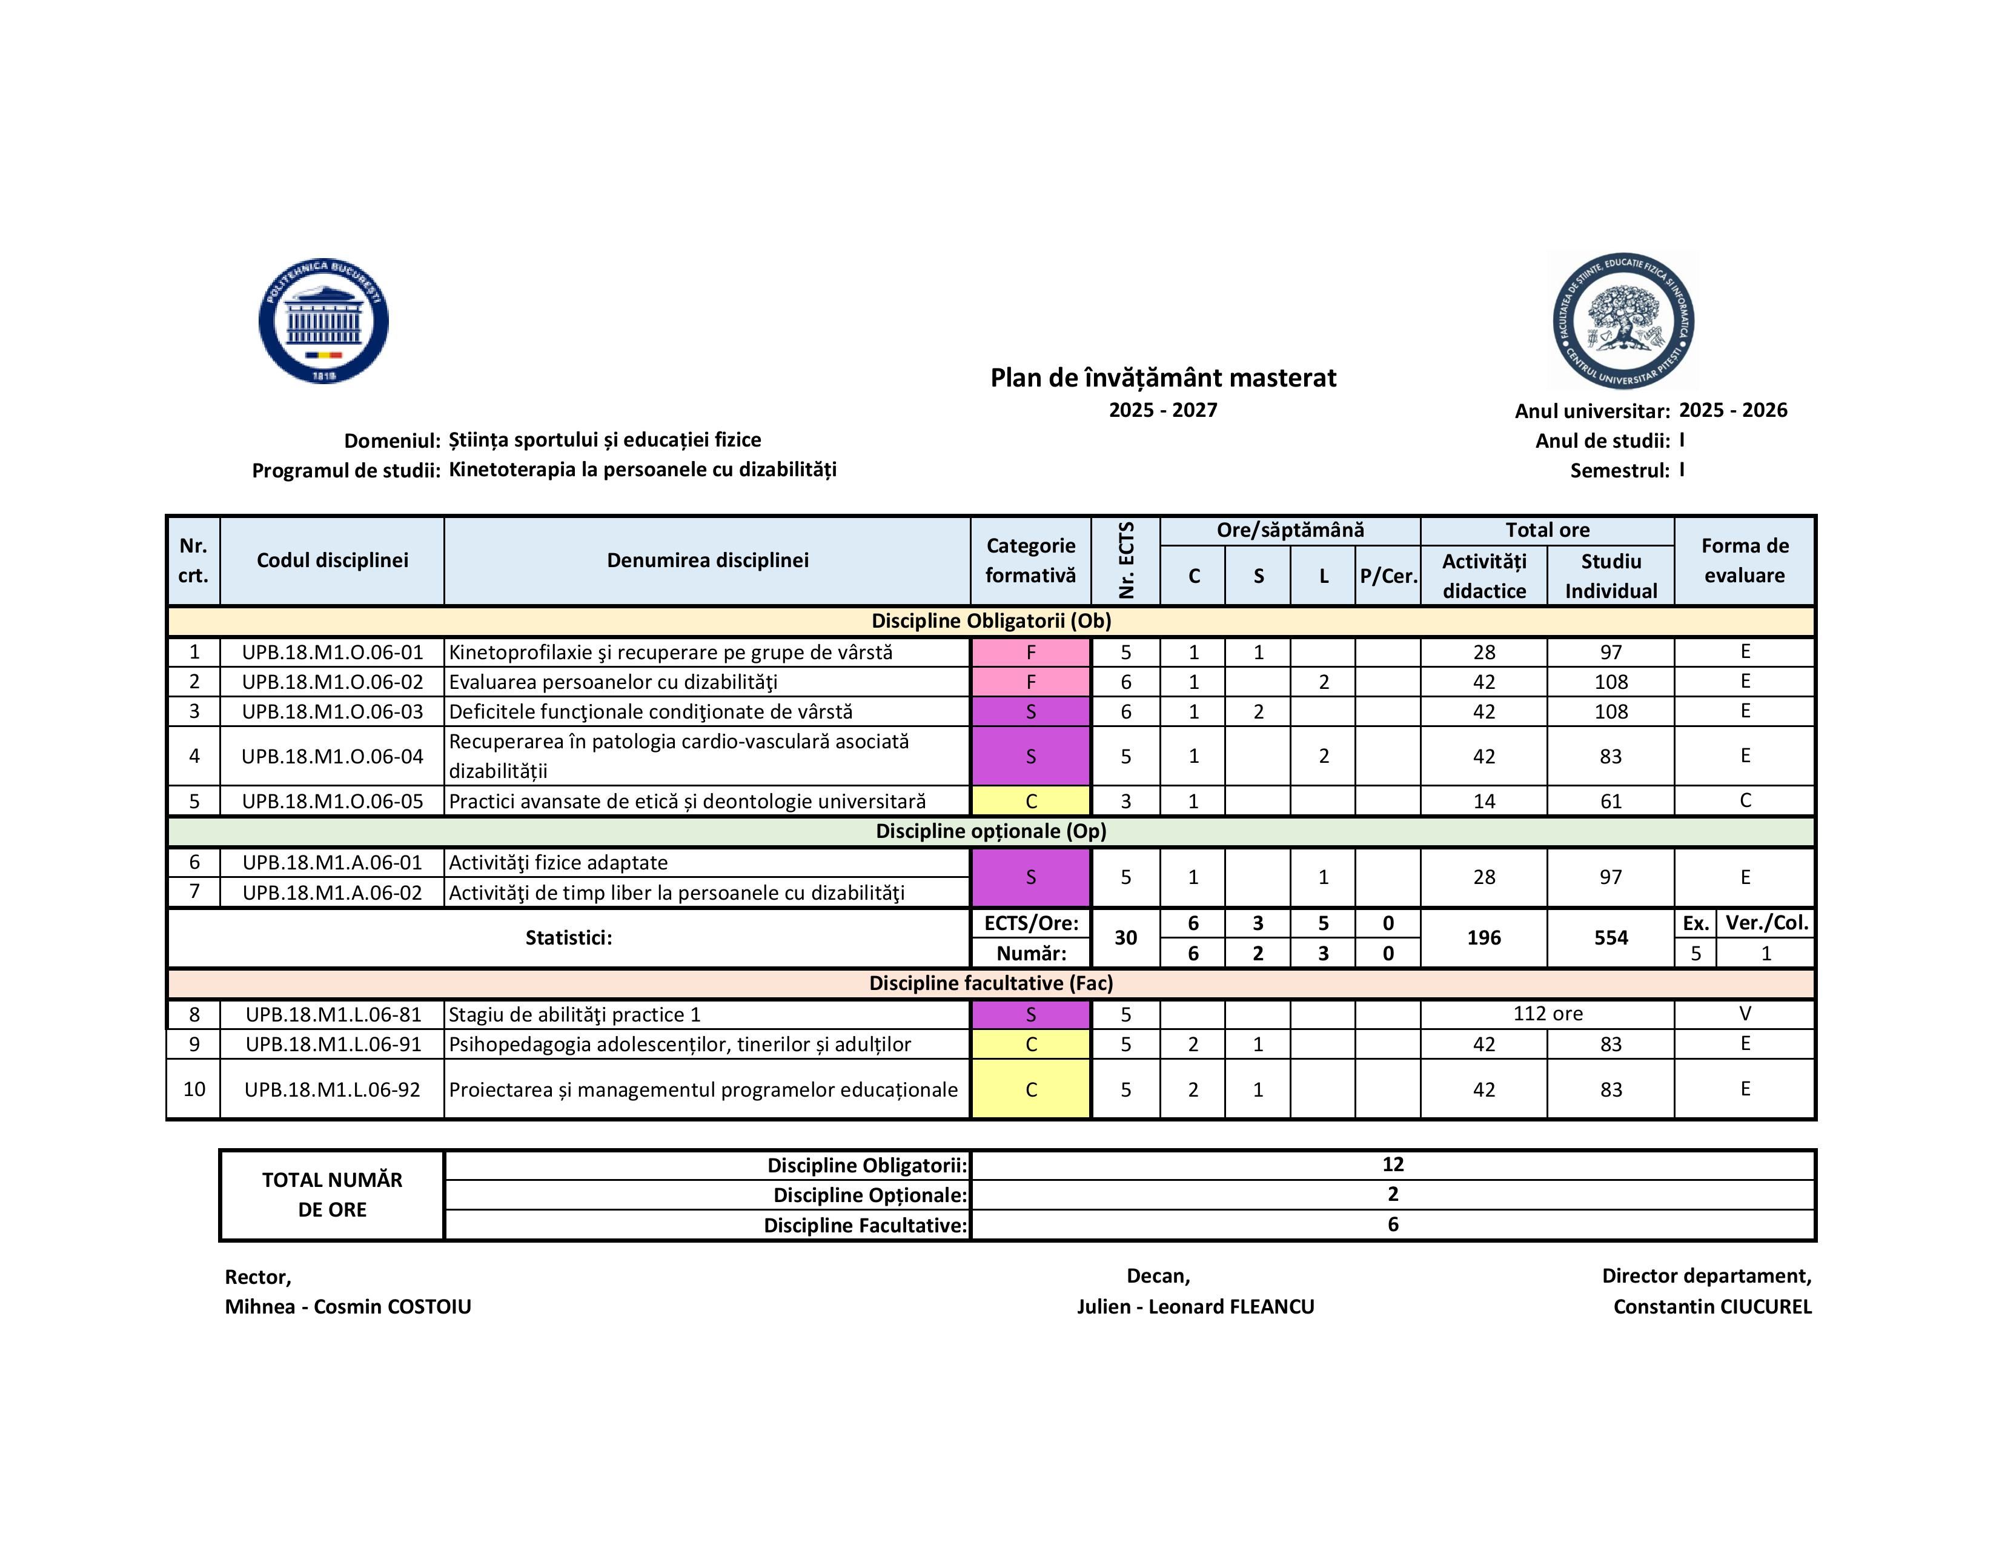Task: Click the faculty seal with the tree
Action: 1623,321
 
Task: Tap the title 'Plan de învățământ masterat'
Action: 1162,378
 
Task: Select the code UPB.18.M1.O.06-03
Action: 332,711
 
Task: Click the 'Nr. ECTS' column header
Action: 1126,560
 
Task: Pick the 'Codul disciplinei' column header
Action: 332,560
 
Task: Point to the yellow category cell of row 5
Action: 1030,801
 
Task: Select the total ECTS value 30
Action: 1126,937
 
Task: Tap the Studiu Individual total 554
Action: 1610,937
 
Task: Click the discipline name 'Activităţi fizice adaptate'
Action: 559,862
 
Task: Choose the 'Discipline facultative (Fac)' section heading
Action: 990,983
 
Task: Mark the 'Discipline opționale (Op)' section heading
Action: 990,831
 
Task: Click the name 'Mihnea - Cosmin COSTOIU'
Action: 348,1306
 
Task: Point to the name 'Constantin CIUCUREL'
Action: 1712,1306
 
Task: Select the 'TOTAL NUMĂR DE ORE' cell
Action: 332,1194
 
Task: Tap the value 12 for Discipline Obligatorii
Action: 1392,1165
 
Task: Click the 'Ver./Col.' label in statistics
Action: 1766,923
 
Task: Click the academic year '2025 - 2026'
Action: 1732,410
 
